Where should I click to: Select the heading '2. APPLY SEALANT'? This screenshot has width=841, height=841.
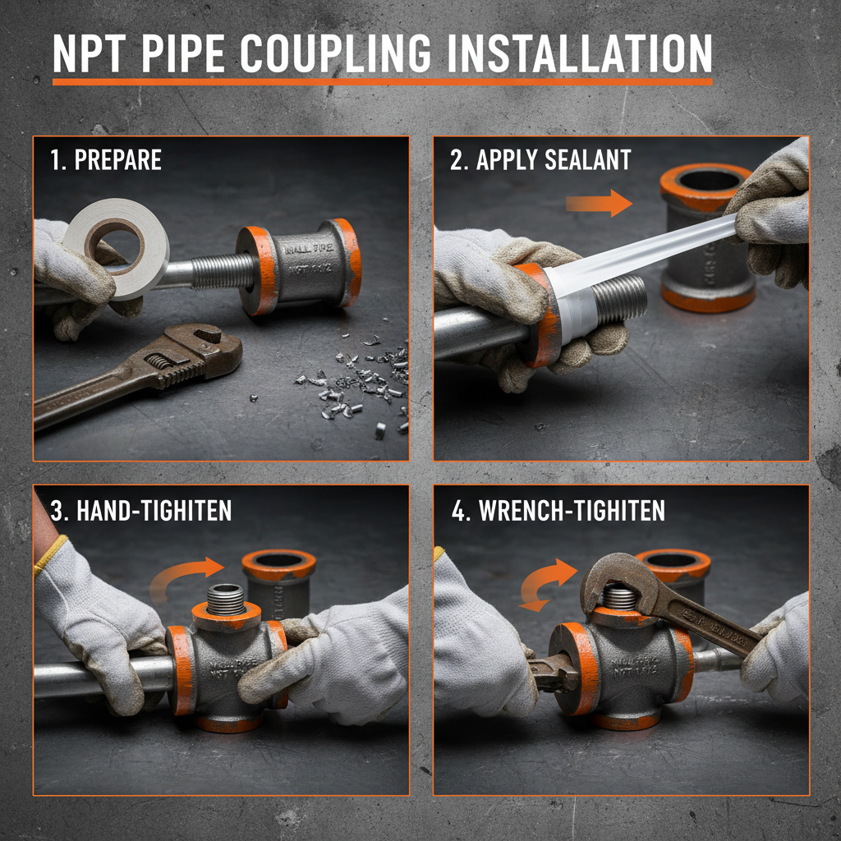point(540,159)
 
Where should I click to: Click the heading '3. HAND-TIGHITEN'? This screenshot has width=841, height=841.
point(141,510)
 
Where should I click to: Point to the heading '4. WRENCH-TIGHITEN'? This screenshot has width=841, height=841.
point(558,510)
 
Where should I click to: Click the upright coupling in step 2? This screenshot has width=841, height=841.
point(706,238)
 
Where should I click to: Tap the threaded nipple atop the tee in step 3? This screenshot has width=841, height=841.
point(226,599)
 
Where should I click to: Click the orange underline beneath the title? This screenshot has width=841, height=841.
point(382,81)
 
